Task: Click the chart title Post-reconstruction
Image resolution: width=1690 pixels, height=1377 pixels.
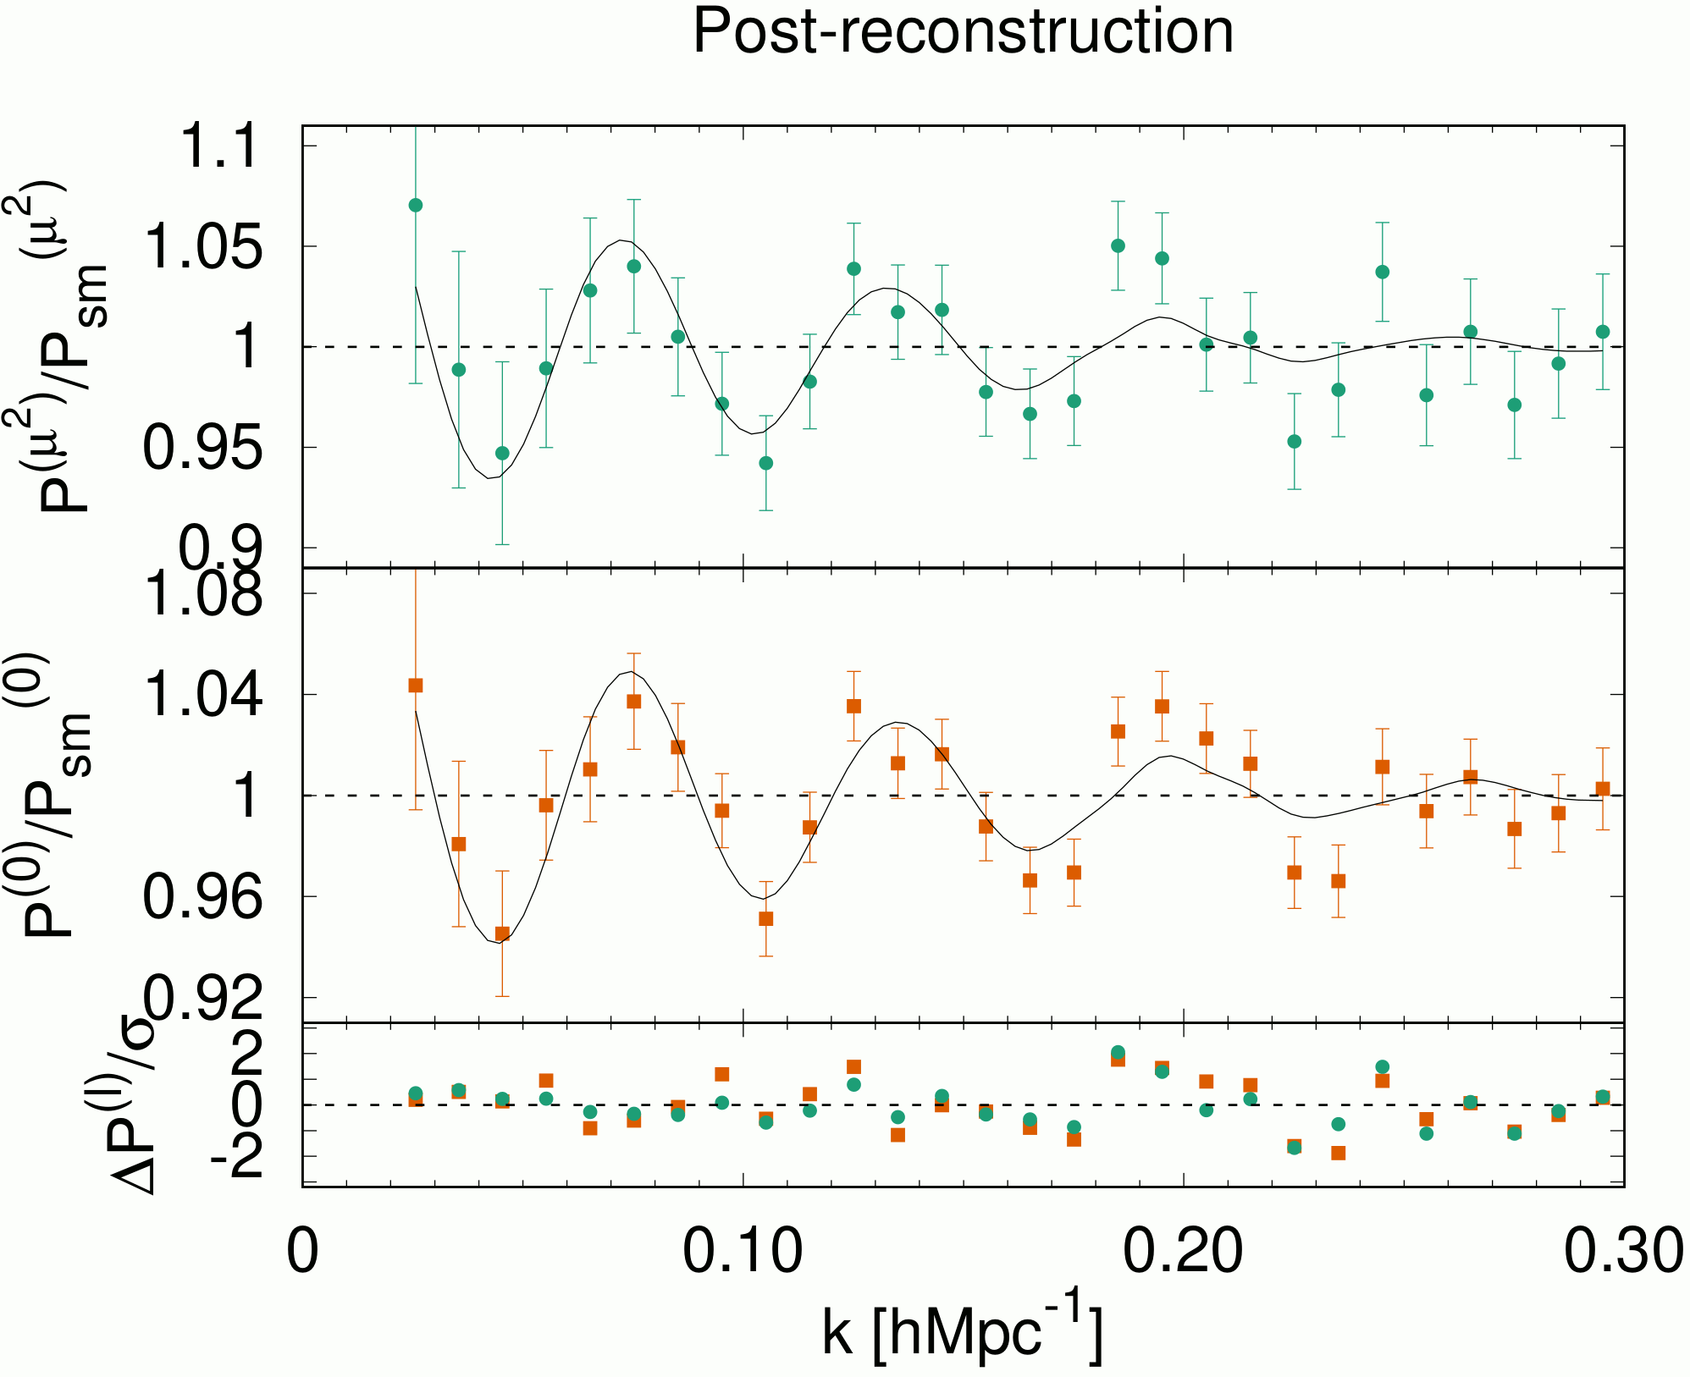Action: [x=963, y=32]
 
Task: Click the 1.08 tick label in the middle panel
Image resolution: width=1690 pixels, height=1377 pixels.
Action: [x=204, y=593]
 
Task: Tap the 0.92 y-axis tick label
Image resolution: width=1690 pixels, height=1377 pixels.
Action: [x=204, y=998]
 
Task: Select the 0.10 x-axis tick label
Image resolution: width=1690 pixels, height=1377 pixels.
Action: [x=743, y=1252]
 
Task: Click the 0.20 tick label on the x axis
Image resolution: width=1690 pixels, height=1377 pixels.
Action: [x=1183, y=1252]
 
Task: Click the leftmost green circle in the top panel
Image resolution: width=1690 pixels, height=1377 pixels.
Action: [x=416, y=206]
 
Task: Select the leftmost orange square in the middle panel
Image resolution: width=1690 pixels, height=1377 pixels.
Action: [x=416, y=686]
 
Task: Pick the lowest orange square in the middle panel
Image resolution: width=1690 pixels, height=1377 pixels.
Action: [x=502, y=934]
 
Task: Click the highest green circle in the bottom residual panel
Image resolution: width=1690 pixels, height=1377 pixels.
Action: [x=1118, y=1052]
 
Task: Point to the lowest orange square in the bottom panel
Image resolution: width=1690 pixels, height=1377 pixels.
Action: [x=1338, y=1153]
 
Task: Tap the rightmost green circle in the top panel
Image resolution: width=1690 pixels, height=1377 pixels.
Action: [x=1602, y=332]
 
